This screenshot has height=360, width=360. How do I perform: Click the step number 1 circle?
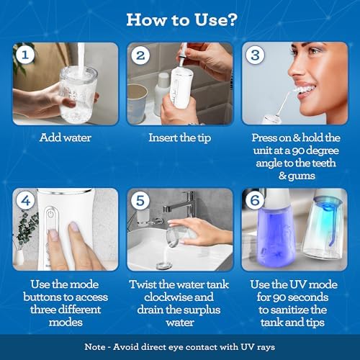[x=25, y=55]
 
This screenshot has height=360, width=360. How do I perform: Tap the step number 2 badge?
[x=140, y=55]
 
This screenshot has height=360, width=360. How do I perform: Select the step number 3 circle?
[x=255, y=55]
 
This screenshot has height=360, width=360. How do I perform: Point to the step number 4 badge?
[x=25, y=200]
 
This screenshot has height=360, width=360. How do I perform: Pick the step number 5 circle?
[x=140, y=200]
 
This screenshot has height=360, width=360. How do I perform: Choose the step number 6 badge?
[x=255, y=200]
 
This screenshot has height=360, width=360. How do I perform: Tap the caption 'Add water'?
[x=66, y=138]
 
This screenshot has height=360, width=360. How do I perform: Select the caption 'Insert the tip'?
[x=180, y=138]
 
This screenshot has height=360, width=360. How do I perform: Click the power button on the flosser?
[x=50, y=213]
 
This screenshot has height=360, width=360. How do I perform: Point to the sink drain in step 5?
[x=164, y=265]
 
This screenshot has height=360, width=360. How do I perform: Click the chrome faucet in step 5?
[x=181, y=204]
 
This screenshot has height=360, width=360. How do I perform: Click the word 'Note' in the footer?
[x=95, y=347]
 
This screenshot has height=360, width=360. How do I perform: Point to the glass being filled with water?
[x=78, y=94]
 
